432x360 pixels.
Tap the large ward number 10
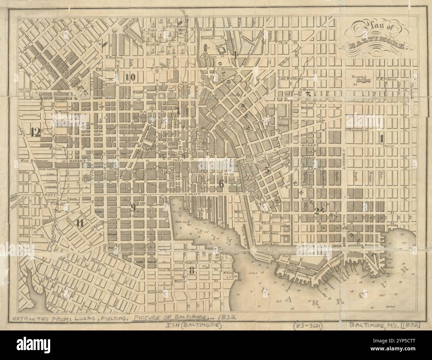click(130, 77)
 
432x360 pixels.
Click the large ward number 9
click(133, 208)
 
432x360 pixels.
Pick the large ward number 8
click(191, 271)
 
